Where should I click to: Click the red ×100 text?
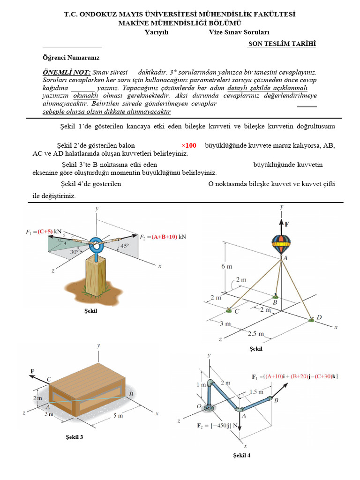coord(188,145)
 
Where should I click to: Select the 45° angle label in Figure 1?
coord(125,246)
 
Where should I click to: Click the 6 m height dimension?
coord(227,267)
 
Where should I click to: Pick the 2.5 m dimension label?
coord(256,334)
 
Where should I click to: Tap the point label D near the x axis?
coord(319,317)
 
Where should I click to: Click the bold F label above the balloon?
coord(286,224)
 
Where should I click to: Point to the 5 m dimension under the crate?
coord(117,415)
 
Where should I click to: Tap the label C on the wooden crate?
coord(49,379)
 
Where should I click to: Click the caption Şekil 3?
coord(75,437)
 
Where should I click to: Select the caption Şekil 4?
coord(241,455)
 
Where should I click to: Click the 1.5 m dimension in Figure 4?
coord(256,391)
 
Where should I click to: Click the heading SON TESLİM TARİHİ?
coord(282,44)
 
